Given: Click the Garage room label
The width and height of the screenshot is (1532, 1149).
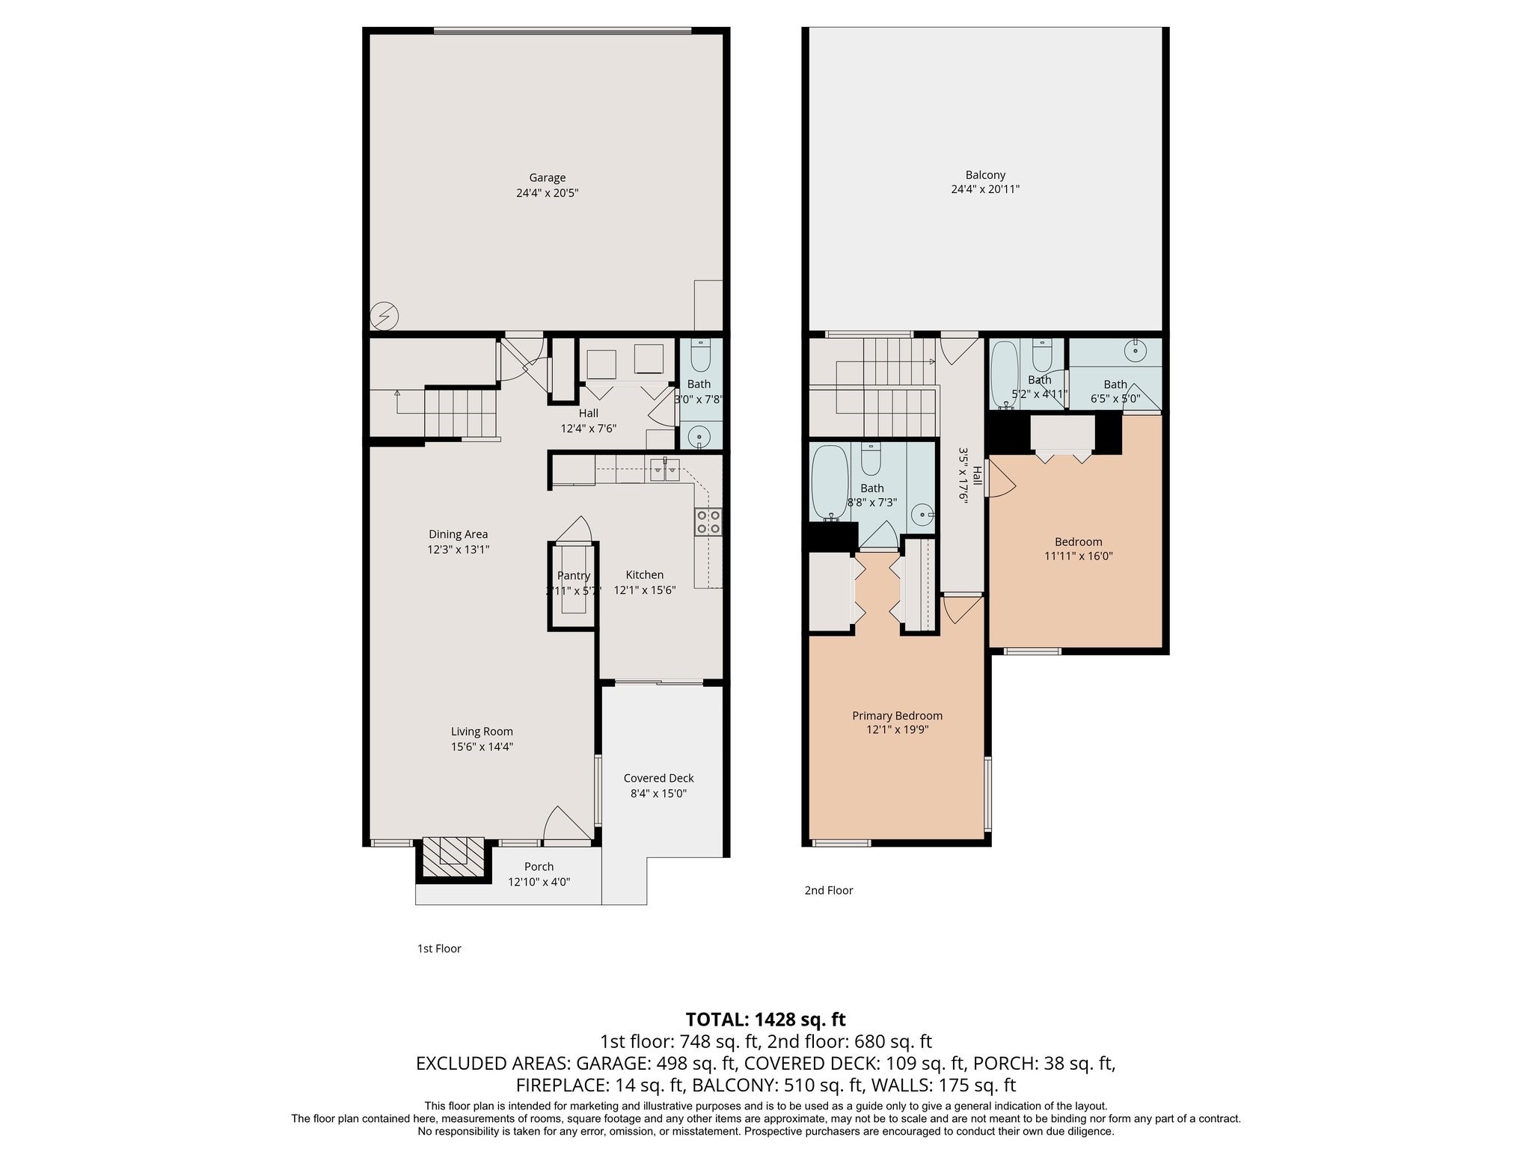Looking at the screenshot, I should (x=547, y=178).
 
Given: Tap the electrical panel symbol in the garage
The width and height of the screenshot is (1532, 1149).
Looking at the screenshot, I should (x=384, y=316).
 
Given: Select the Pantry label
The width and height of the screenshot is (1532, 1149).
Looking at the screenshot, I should (x=574, y=575).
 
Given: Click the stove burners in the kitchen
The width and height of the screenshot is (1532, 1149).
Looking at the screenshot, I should (x=708, y=521).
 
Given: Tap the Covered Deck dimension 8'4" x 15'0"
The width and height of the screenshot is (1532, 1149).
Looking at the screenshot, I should (x=658, y=793).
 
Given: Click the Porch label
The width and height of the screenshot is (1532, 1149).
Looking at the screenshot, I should (x=539, y=867).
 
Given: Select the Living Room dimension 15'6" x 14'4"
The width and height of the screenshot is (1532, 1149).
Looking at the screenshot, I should (x=482, y=747).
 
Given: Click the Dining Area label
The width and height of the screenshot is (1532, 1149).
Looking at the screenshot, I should (x=458, y=534).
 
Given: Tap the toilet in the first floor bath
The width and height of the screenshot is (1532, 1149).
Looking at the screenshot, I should (x=701, y=357).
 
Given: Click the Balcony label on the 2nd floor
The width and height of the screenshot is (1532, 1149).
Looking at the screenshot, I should (x=985, y=175).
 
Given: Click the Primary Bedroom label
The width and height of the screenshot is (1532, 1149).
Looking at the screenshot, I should (x=897, y=716).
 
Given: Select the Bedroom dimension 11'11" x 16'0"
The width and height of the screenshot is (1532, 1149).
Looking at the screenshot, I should (x=1078, y=556).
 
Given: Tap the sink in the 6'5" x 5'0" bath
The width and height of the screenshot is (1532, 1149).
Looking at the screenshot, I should (x=1136, y=349).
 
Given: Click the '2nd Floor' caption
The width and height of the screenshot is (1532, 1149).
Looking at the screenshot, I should (x=828, y=890).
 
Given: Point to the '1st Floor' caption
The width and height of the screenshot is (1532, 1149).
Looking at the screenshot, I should (x=438, y=949).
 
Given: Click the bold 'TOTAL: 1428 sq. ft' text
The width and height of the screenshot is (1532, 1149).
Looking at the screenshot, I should (x=765, y=1019).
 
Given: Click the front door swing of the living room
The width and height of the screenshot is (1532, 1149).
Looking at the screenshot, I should (x=565, y=824).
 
